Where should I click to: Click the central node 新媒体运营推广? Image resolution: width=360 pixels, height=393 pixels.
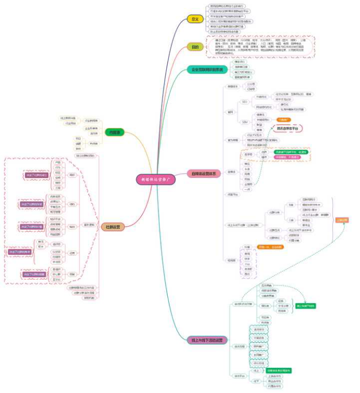point(156,178)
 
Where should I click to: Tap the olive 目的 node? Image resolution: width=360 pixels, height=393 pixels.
point(195,47)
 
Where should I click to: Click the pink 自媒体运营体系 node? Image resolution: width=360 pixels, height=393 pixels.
point(203,173)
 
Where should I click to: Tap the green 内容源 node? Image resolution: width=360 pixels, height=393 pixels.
point(114,132)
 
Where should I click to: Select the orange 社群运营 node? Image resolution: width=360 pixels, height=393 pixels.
point(113,227)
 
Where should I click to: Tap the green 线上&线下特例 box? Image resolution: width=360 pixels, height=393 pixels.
point(306,306)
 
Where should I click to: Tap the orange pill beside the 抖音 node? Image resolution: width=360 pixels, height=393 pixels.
point(270,246)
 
